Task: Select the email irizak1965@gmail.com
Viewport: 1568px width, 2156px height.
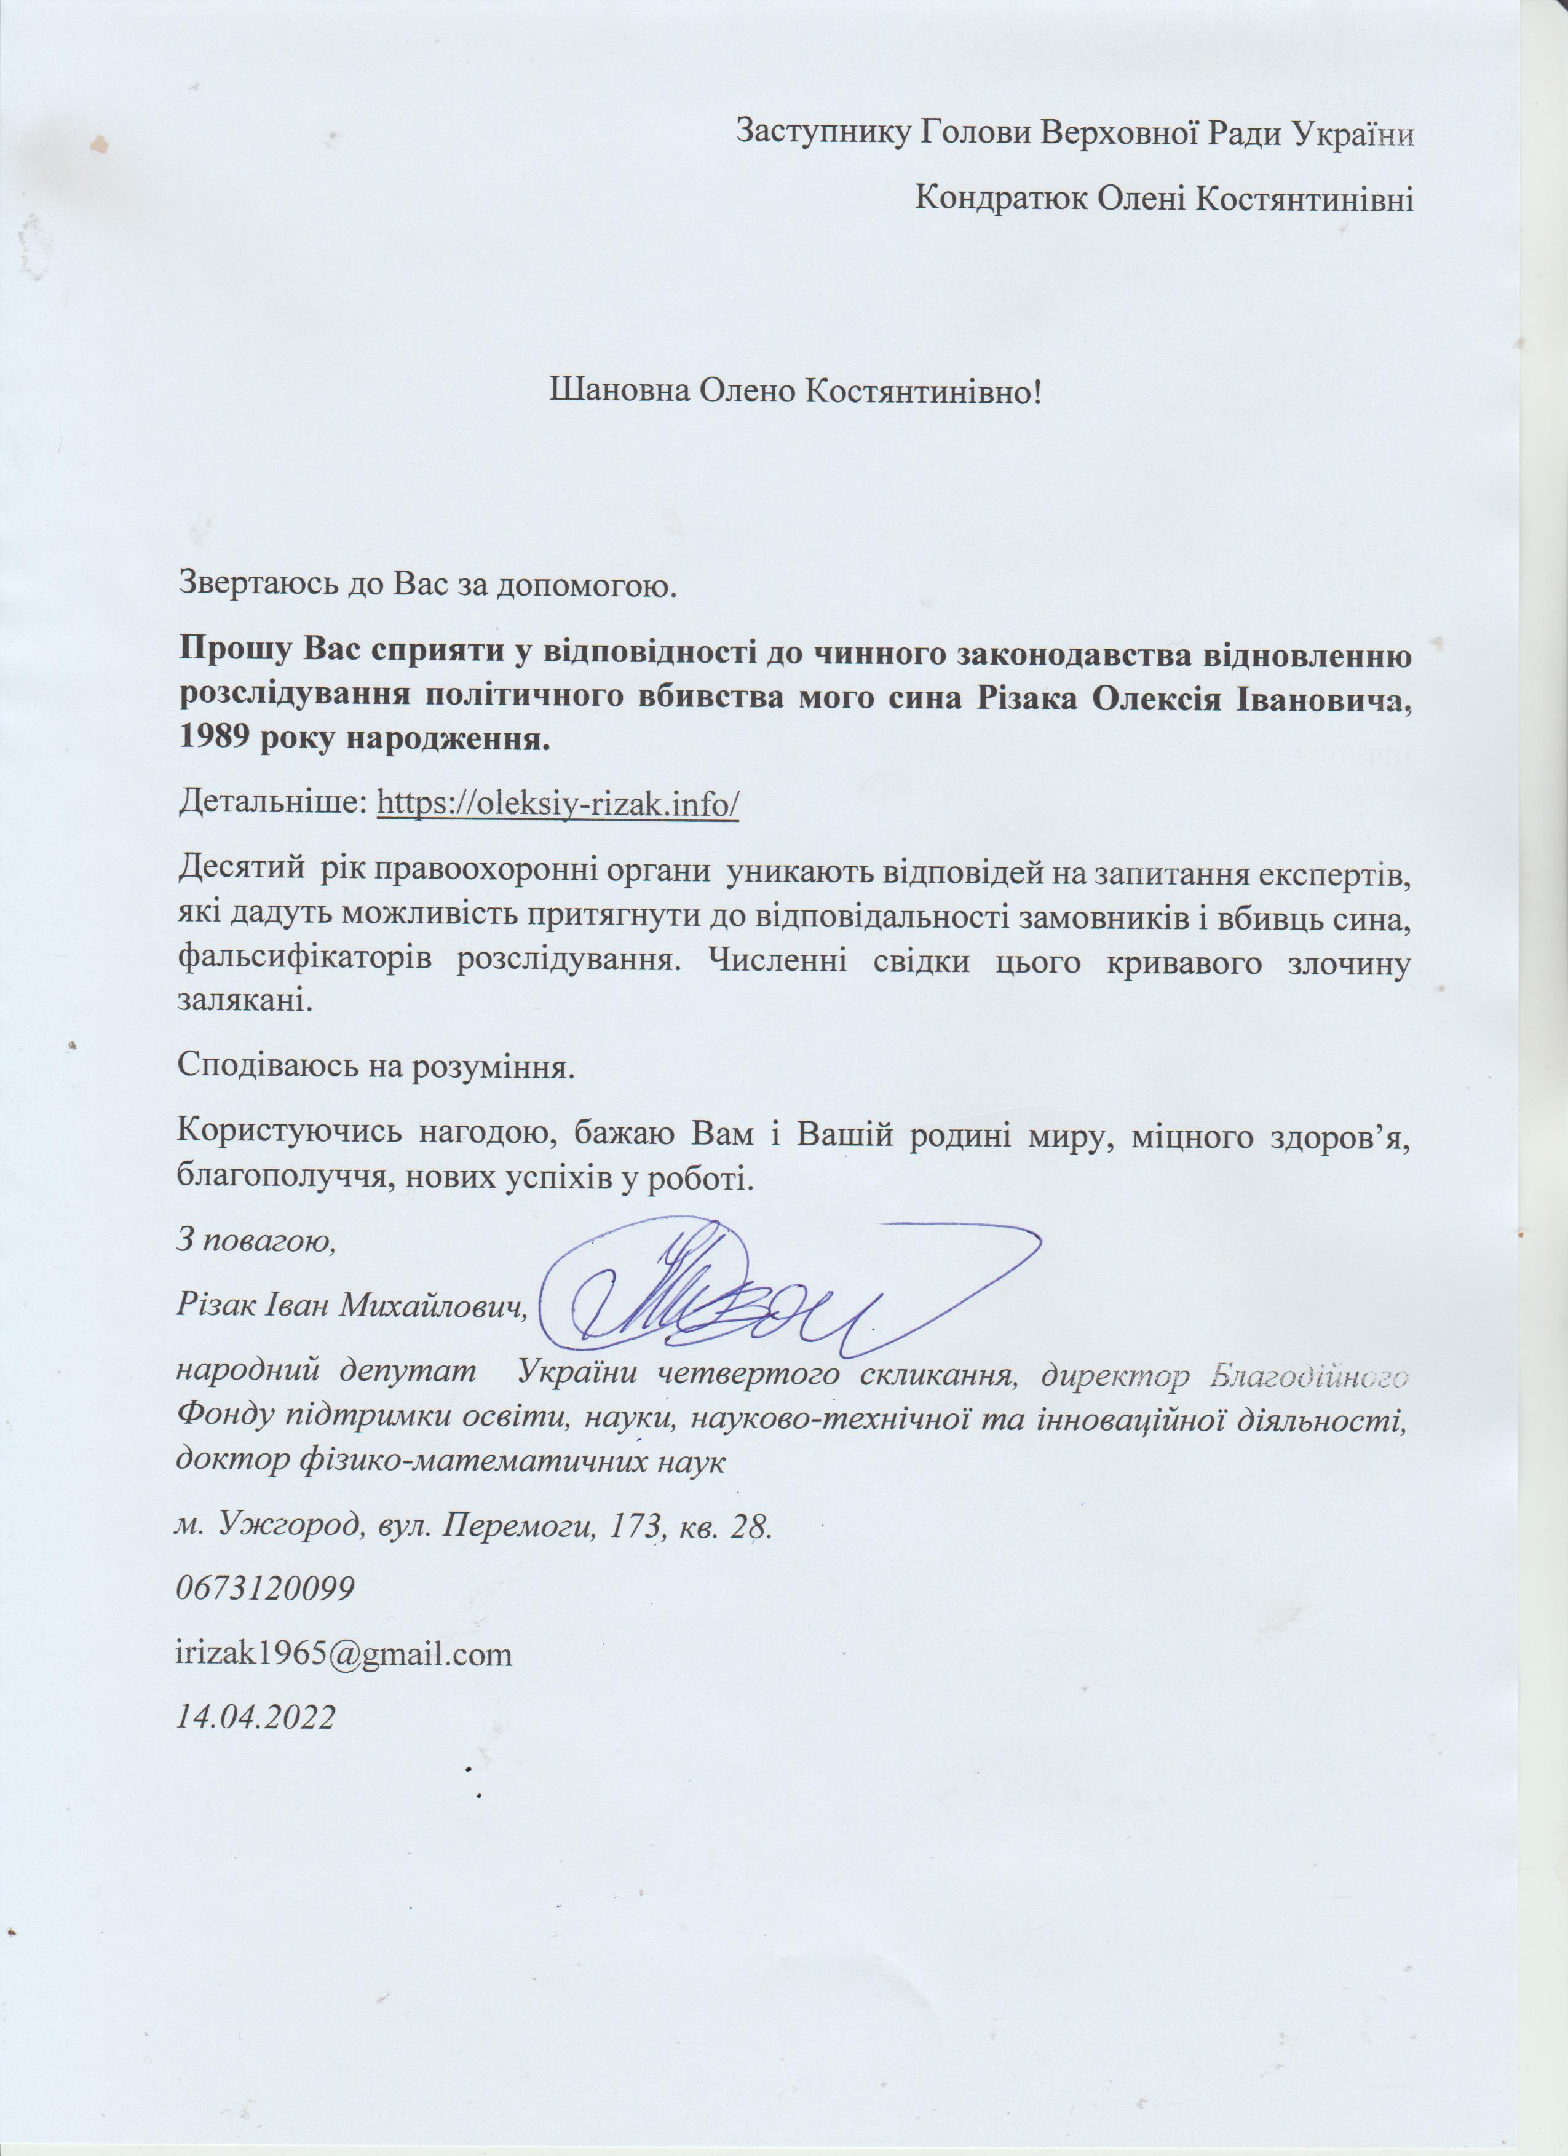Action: point(344,1654)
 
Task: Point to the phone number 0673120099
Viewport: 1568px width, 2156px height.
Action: point(266,1589)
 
